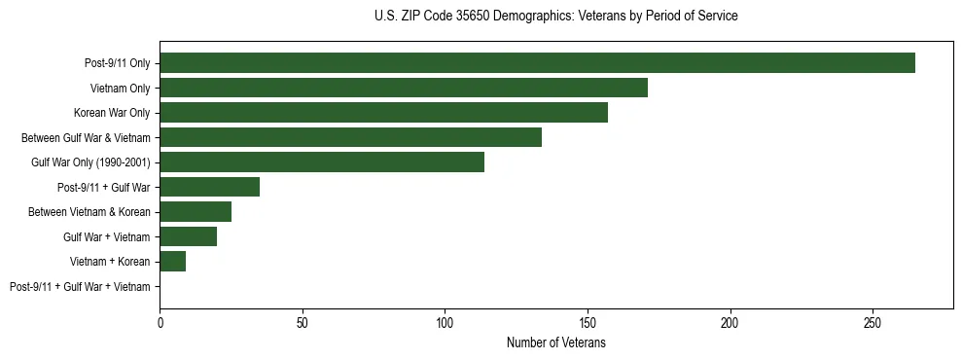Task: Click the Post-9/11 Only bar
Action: point(537,63)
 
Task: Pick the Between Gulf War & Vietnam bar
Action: point(350,137)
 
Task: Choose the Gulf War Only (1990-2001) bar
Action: point(322,162)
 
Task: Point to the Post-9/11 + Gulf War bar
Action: point(209,187)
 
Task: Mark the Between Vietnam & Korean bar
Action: point(196,212)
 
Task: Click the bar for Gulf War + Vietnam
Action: point(188,236)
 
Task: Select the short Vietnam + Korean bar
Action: point(172,262)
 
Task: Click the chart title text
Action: point(555,17)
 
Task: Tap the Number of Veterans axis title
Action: point(555,342)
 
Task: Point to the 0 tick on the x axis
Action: point(160,322)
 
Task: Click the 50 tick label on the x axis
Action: point(303,322)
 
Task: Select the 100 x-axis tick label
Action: point(445,322)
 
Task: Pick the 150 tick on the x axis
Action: point(588,322)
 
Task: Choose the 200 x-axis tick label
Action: point(730,322)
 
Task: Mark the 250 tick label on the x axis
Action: point(873,322)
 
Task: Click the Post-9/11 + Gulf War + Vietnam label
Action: point(80,287)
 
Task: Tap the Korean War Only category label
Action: point(111,113)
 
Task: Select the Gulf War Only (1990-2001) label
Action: point(90,162)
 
